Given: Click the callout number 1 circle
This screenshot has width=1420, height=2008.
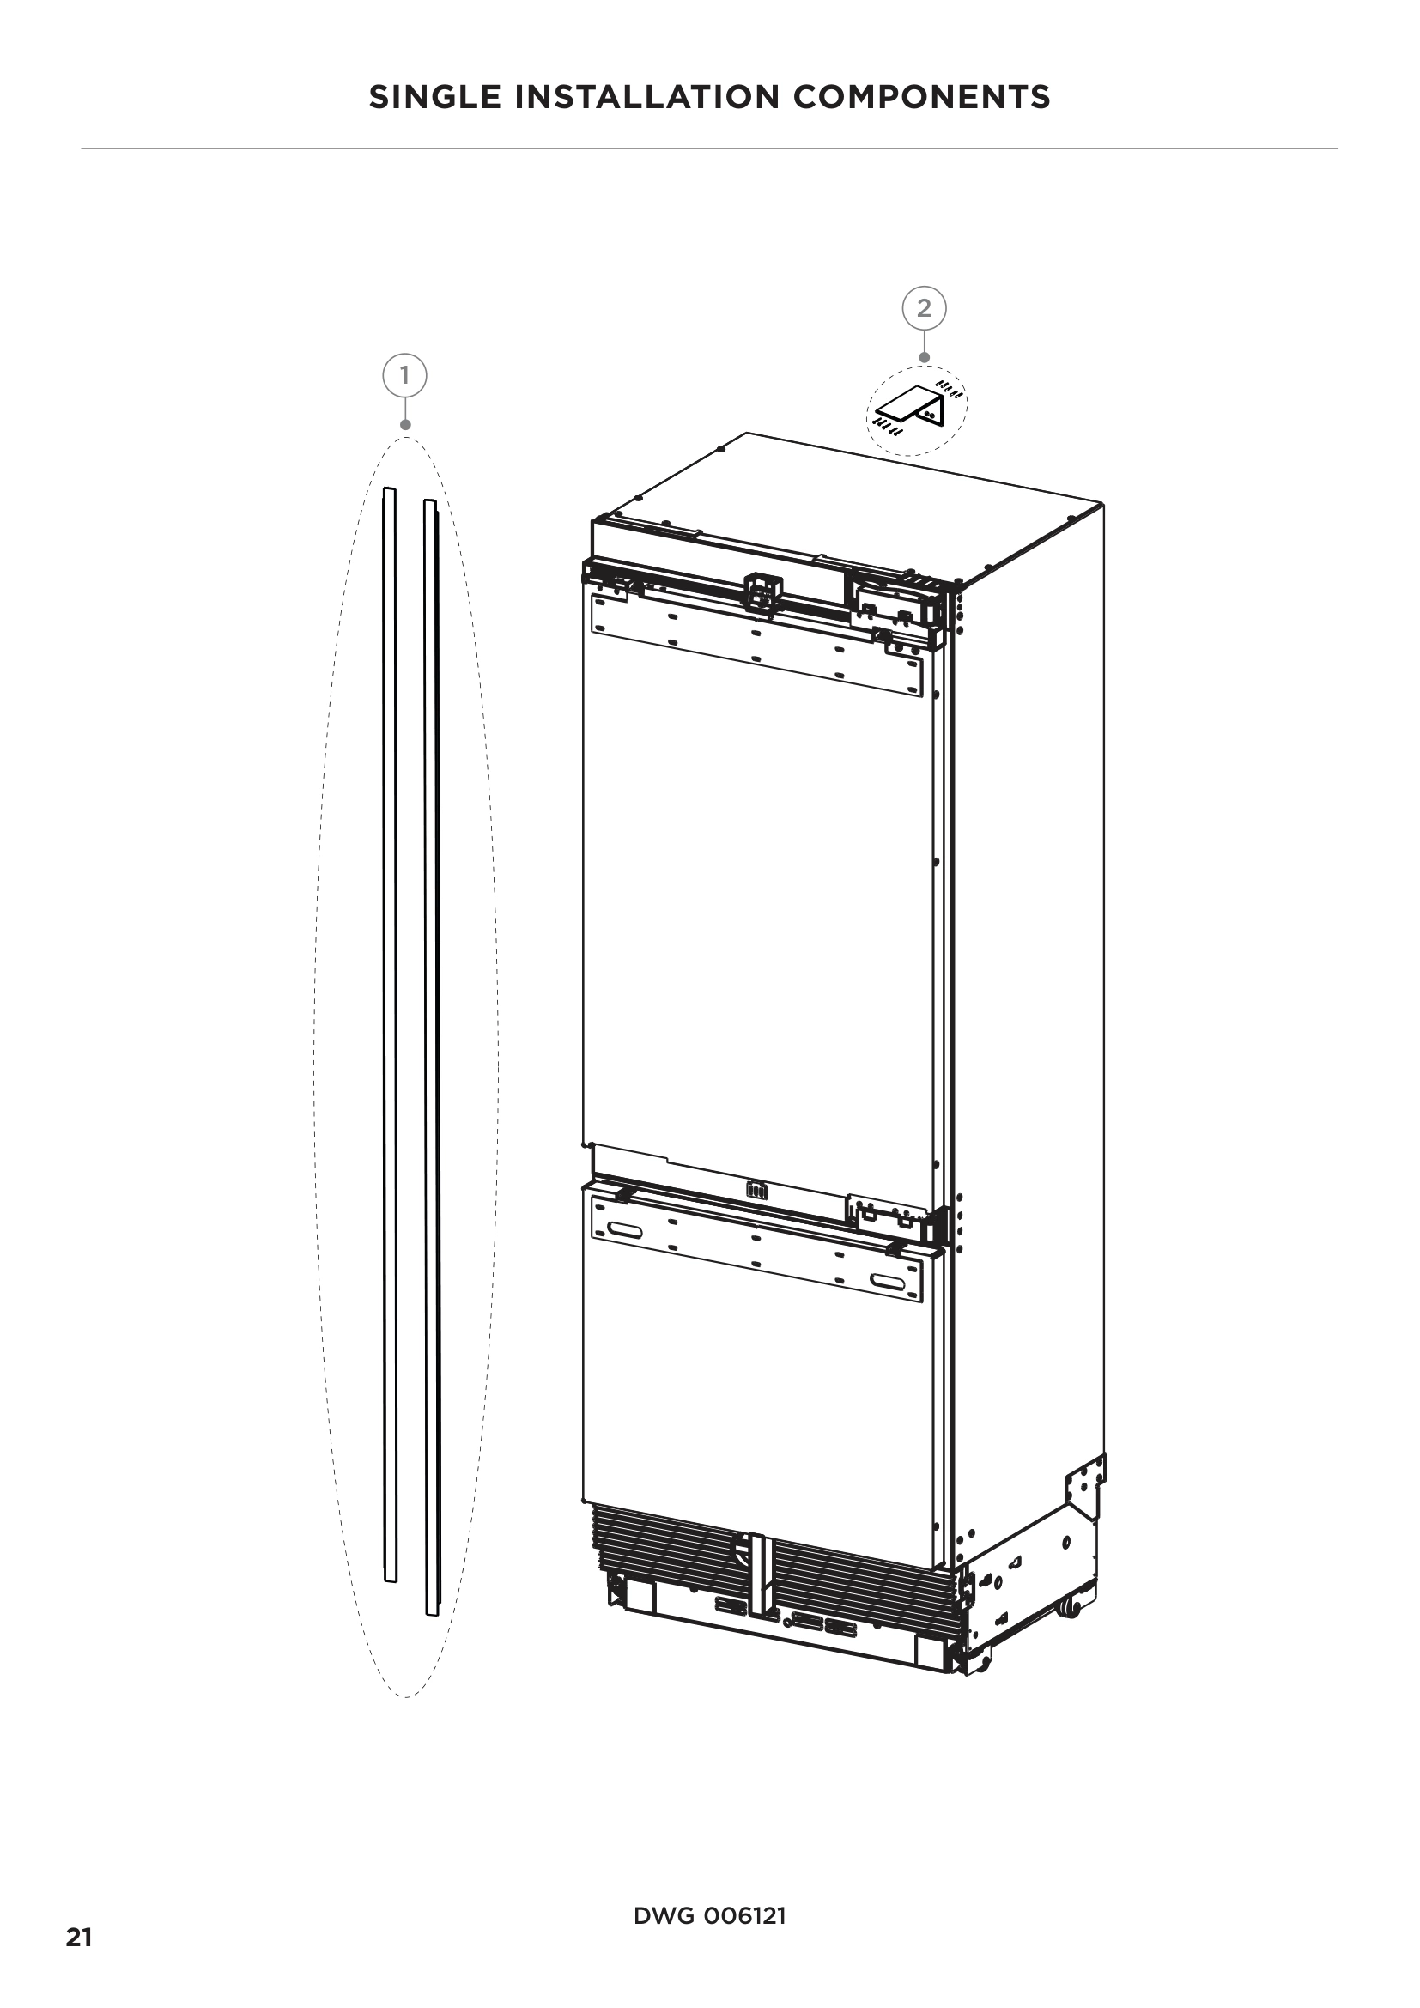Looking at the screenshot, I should pos(404,376).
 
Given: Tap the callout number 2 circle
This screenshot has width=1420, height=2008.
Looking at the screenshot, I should pos(925,308).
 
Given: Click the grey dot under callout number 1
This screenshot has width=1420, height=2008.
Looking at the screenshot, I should pos(405,425).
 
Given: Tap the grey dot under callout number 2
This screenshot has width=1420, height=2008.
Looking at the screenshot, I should pos(925,357).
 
